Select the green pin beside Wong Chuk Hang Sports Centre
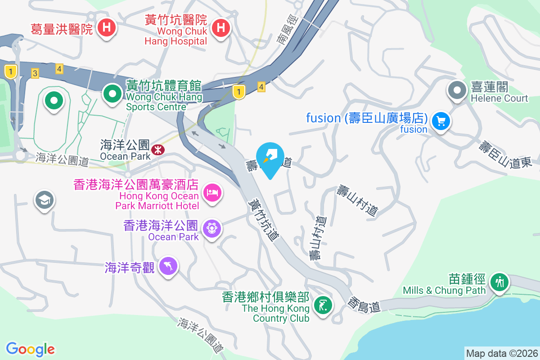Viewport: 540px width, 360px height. (x=112, y=94)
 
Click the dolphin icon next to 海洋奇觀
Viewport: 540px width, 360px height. (x=168, y=266)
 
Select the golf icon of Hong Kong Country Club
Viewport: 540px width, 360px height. (x=323, y=305)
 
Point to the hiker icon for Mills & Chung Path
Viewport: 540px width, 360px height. (x=499, y=283)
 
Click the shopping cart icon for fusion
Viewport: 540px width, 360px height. (x=441, y=121)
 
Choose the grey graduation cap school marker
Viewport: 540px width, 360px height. (x=45, y=200)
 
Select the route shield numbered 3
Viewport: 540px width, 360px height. (x=35, y=73)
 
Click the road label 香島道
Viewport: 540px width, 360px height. (x=364, y=305)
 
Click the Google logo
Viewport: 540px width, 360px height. (x=31, y=349)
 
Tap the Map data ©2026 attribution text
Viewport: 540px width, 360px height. (x=501, y=353)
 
